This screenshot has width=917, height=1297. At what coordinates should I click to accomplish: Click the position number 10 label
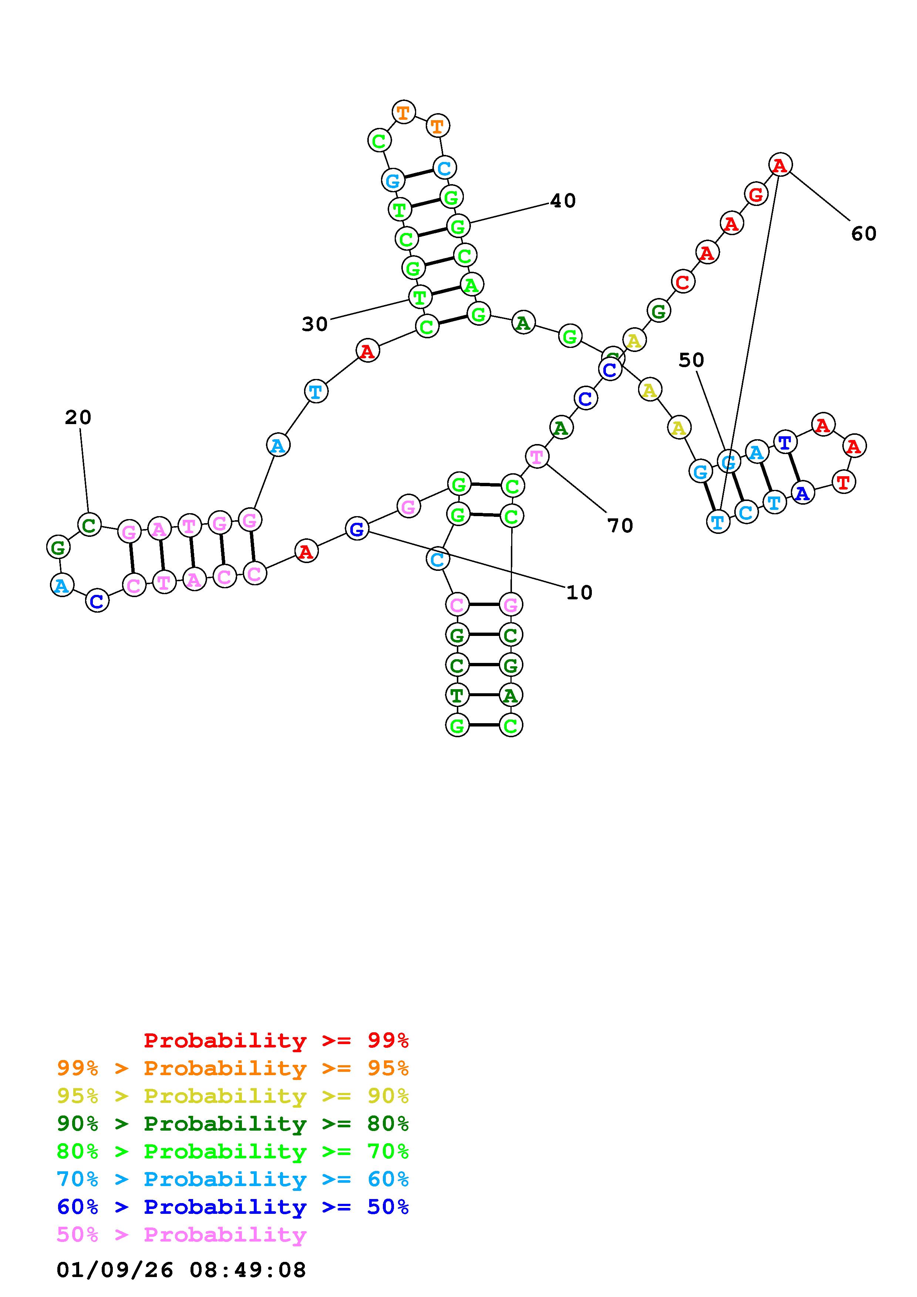pos(579,593)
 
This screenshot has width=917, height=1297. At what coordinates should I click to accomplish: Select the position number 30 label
pos(315,324)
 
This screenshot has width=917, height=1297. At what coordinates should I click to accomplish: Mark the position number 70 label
pos(620,526)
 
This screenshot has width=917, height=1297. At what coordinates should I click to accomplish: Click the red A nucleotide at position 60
pos(780,165)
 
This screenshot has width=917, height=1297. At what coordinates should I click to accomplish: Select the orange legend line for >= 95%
pos(233,1068)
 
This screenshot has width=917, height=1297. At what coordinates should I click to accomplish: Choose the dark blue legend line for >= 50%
pos(233,1207)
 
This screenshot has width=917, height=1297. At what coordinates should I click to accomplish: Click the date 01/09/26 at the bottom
pos(115,1270)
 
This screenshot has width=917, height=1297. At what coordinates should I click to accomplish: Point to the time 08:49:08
pos(247,1270)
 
